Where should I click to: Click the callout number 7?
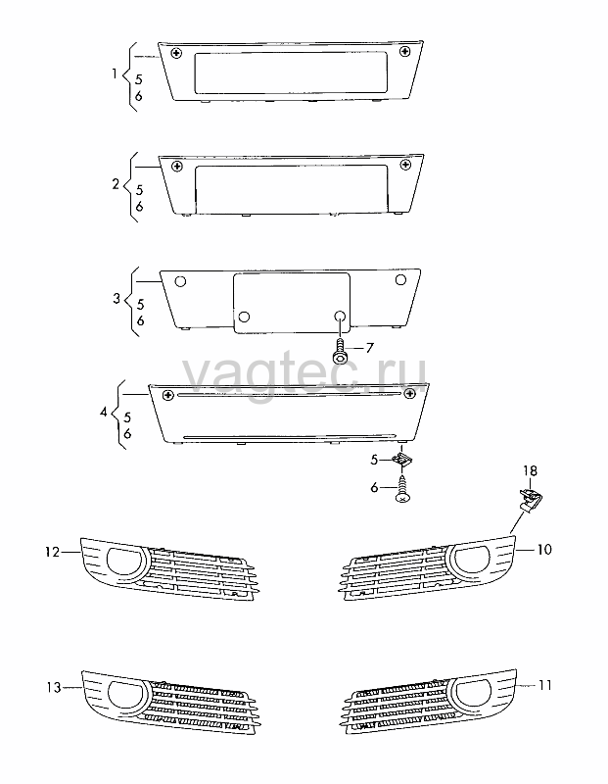(x=369, y=348)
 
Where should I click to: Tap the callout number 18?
(x=530, y=471)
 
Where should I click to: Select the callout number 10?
(x=544, y=550)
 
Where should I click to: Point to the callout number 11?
(x=545, y=685)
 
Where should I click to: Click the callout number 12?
(x=53, y=552)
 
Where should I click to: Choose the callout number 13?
(x=54, y=688)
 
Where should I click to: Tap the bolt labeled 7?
(x=338, y=349)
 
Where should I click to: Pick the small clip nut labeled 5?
(x=401, y=459)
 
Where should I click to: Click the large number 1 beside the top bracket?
(x=115, y=74)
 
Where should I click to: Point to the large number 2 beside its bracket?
(x=116, y=184)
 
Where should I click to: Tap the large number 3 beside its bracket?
(x=117, y=299)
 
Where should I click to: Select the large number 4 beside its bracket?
(x=104, y=413)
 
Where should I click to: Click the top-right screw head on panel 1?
(x=404, y=51)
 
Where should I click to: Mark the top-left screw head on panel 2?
(x=176, y=166)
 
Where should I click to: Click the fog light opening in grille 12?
(x=123, y=562)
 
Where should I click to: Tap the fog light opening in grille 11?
(x=472, y=693)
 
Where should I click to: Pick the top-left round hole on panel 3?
(x=180, y=281)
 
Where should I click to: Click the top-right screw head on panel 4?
(x=410, y=394)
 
